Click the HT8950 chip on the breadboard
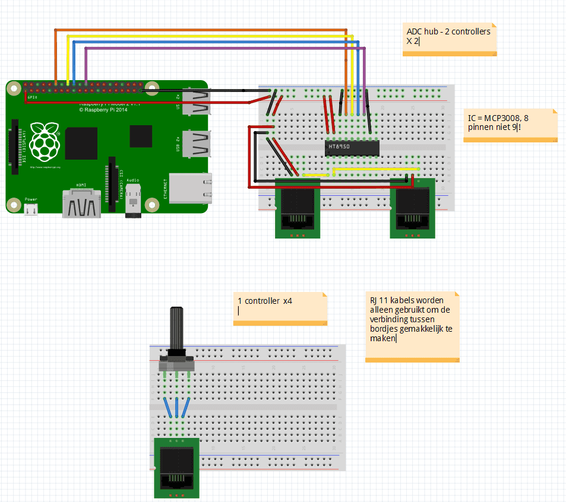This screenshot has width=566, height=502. pyautogui.click(x=352, y=147)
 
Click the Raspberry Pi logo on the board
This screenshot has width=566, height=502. pyautogui.click(x=45, y=143)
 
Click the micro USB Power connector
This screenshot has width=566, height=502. pyautogui.click(x=31, y=209)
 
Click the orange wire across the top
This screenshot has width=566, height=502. pyautogui.click(x=202, y=30)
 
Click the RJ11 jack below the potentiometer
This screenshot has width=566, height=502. pyautogui.click(x=177, y=469)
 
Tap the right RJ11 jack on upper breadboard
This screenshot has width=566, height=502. pyautogui.click(x=412, y=208)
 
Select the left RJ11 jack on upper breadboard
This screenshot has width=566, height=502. pyautogui.click(x=298, y=208)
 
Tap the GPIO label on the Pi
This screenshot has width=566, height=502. pyautogui.click(x=32, y=96)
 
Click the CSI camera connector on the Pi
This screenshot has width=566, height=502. pyautogui.click(x=111, y=183)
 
